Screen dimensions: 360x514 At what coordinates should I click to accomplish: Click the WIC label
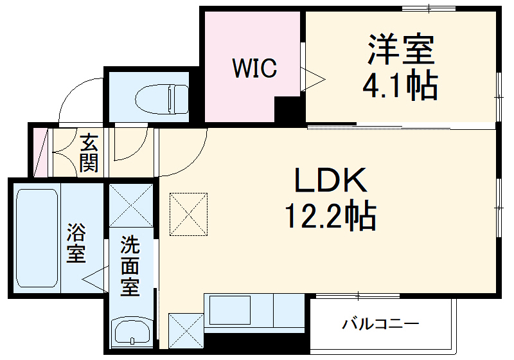[254, 67]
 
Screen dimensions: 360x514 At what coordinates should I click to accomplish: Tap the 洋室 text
[402, 50]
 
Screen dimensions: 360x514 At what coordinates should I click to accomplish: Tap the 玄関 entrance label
[89, 152]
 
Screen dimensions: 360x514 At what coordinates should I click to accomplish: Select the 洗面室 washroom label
[130, 265]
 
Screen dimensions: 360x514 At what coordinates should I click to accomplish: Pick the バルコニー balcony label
[380, 323]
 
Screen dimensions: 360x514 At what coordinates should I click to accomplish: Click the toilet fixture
[163, 98]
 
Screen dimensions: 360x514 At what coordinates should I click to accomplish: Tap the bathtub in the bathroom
[37, 238]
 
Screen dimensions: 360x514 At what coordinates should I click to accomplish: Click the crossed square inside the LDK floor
[189, 213]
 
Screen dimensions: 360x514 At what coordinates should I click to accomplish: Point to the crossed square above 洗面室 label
[131, 206]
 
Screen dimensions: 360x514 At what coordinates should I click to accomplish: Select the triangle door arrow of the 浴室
[94, 280]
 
